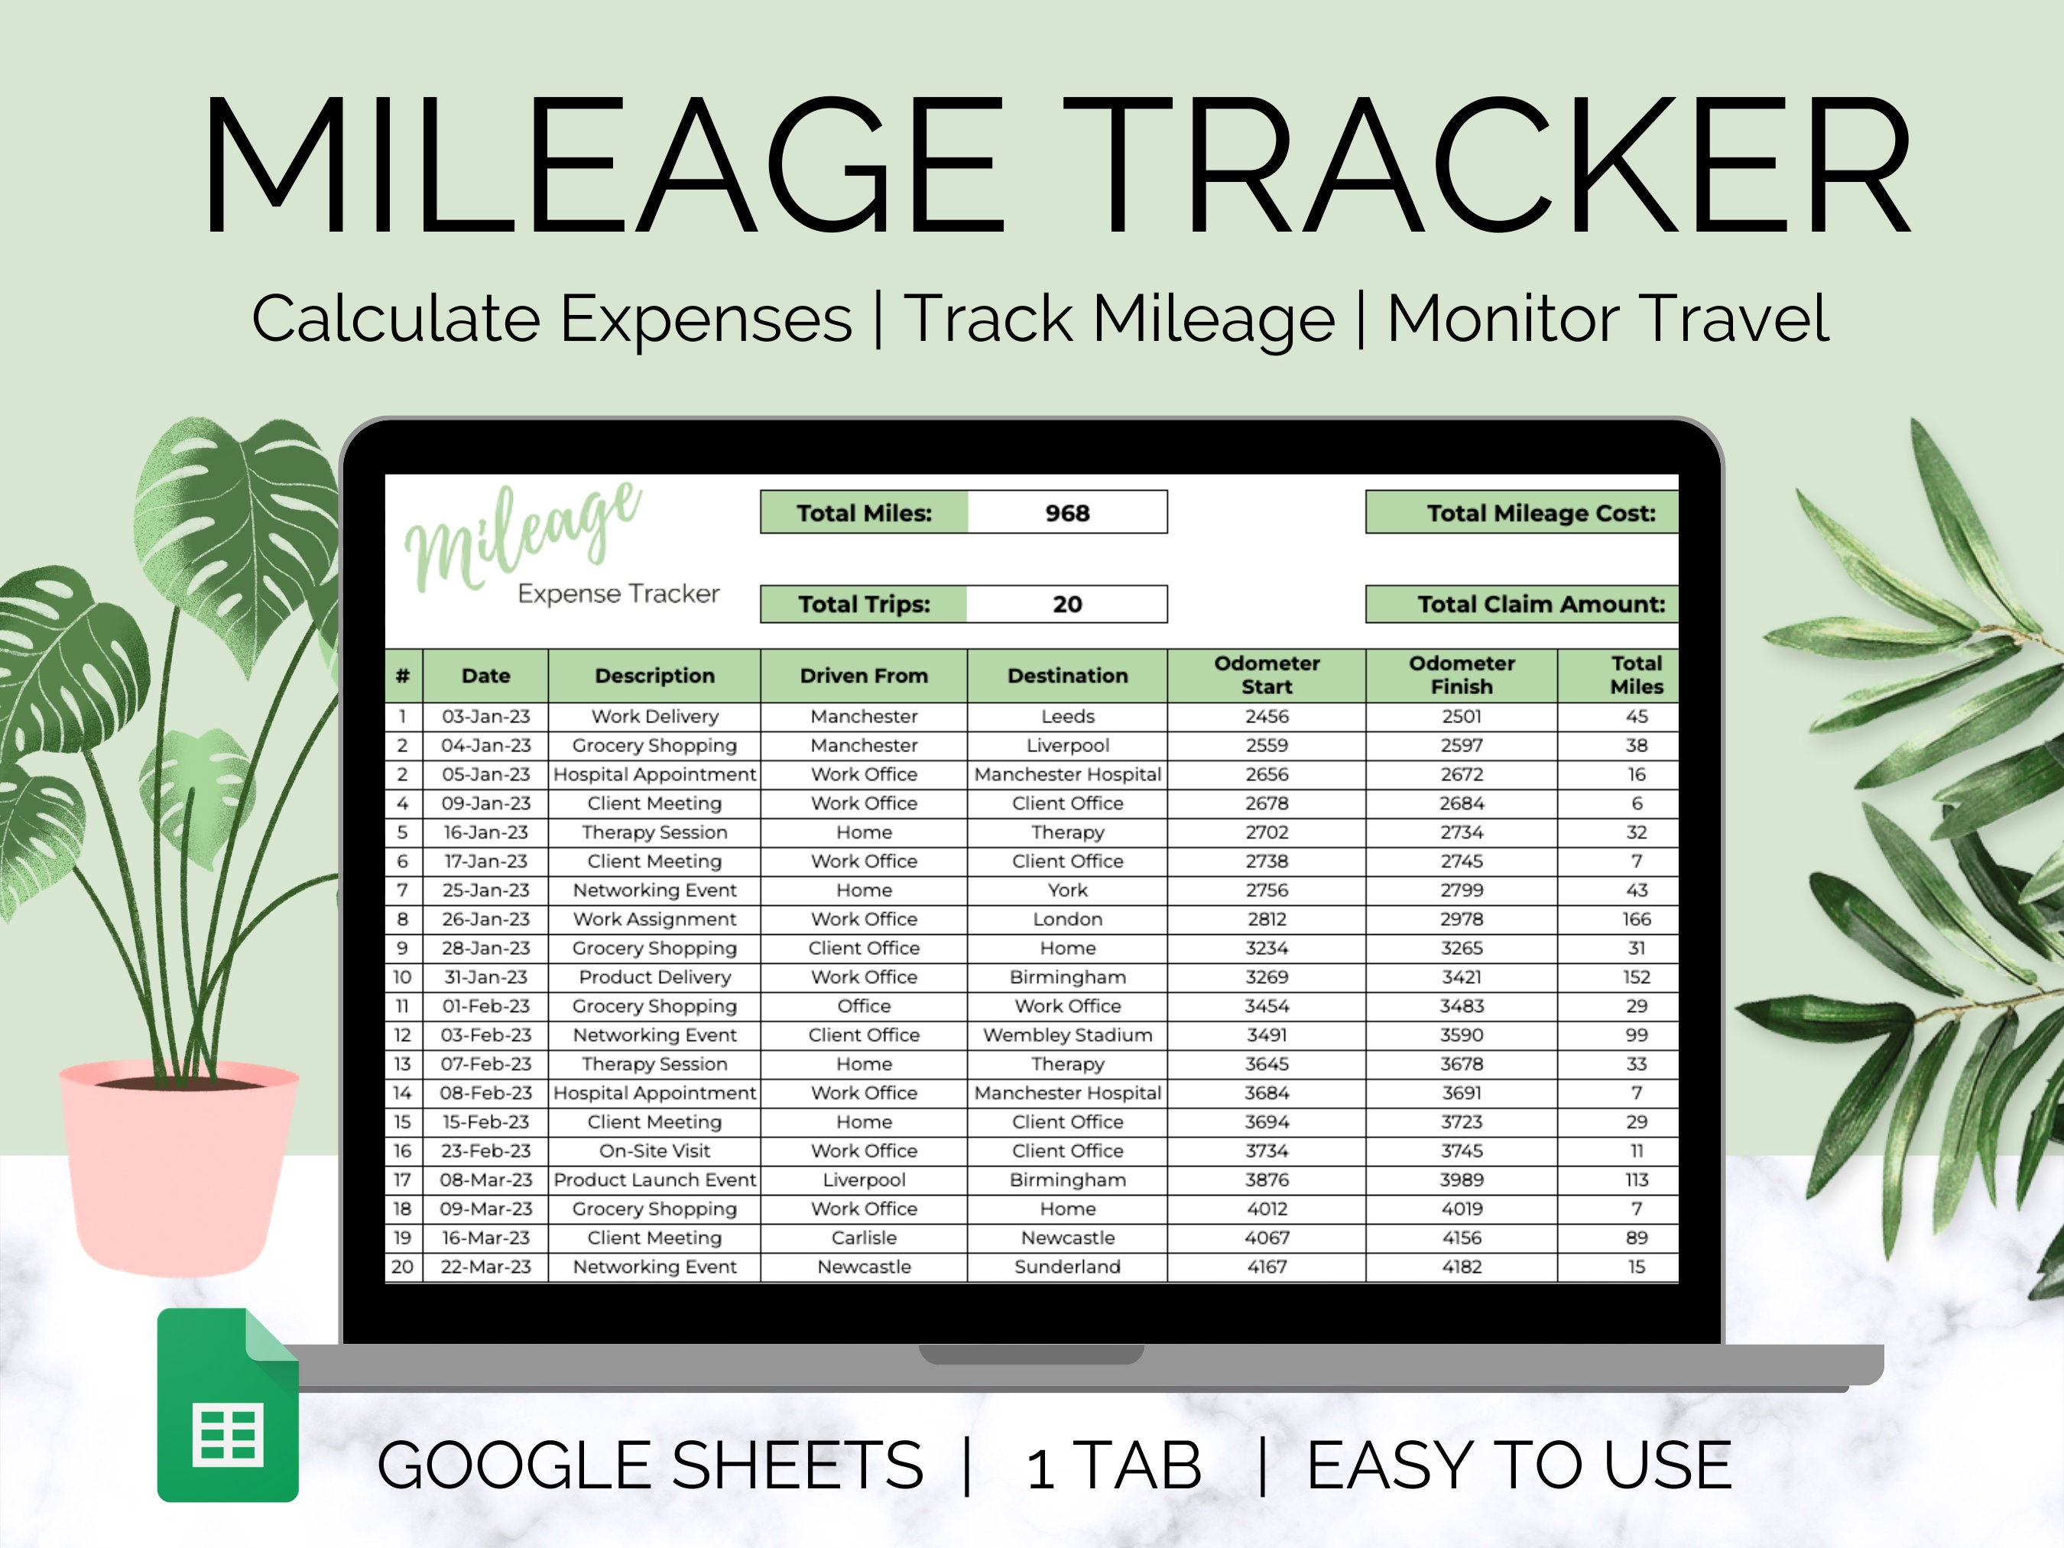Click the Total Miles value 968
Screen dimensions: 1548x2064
pyautogui.click(x=1066, y=513)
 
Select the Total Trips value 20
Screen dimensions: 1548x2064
pyautogui.click(x=1066, y=605)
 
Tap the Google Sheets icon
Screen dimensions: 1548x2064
pyautogui.click(x=228, y=1405)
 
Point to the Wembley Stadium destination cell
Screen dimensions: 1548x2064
pyautogui.click(x=1067, y=1035)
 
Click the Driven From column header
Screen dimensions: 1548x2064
pyautogui.click(x=863, y=676)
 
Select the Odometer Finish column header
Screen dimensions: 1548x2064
pyautogui.click(x=1461, y=675)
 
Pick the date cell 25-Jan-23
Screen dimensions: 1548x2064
pyautogui.click(x=485, y=890)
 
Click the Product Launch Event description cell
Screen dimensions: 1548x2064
pyautogui.click(x=654, y=1180)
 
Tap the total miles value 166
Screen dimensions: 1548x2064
pyautogui.click(x=1636, y=919)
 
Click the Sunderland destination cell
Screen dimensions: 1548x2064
pyautogui.click(x=1067, y=1266)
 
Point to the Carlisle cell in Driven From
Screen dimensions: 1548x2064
pyautogui.click(x=863, y=1238)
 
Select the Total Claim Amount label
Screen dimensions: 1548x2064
pyautogui.click(x=1540, y=605)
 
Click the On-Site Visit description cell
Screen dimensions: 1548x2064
pyautogui.click(x=654, y=1150)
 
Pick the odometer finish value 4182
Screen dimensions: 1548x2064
pyautogui.click(x=1461, y=1266)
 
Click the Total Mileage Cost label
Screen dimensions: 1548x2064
pyautogui.click(x=1540, y=513)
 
